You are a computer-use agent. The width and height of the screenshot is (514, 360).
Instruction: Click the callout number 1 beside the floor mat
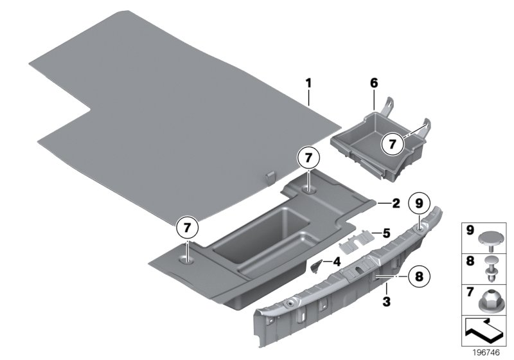coord(308,83)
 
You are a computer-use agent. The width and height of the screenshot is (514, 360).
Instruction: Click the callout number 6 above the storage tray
coord(375,83)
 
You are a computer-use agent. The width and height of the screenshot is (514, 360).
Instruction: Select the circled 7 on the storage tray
coord(392,145)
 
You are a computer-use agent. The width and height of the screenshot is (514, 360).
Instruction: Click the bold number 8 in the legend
coord(470,262)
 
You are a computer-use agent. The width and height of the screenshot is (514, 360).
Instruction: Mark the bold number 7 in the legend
coord(470,294)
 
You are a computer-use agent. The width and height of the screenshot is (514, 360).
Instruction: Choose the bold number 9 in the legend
coord(470,230)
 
